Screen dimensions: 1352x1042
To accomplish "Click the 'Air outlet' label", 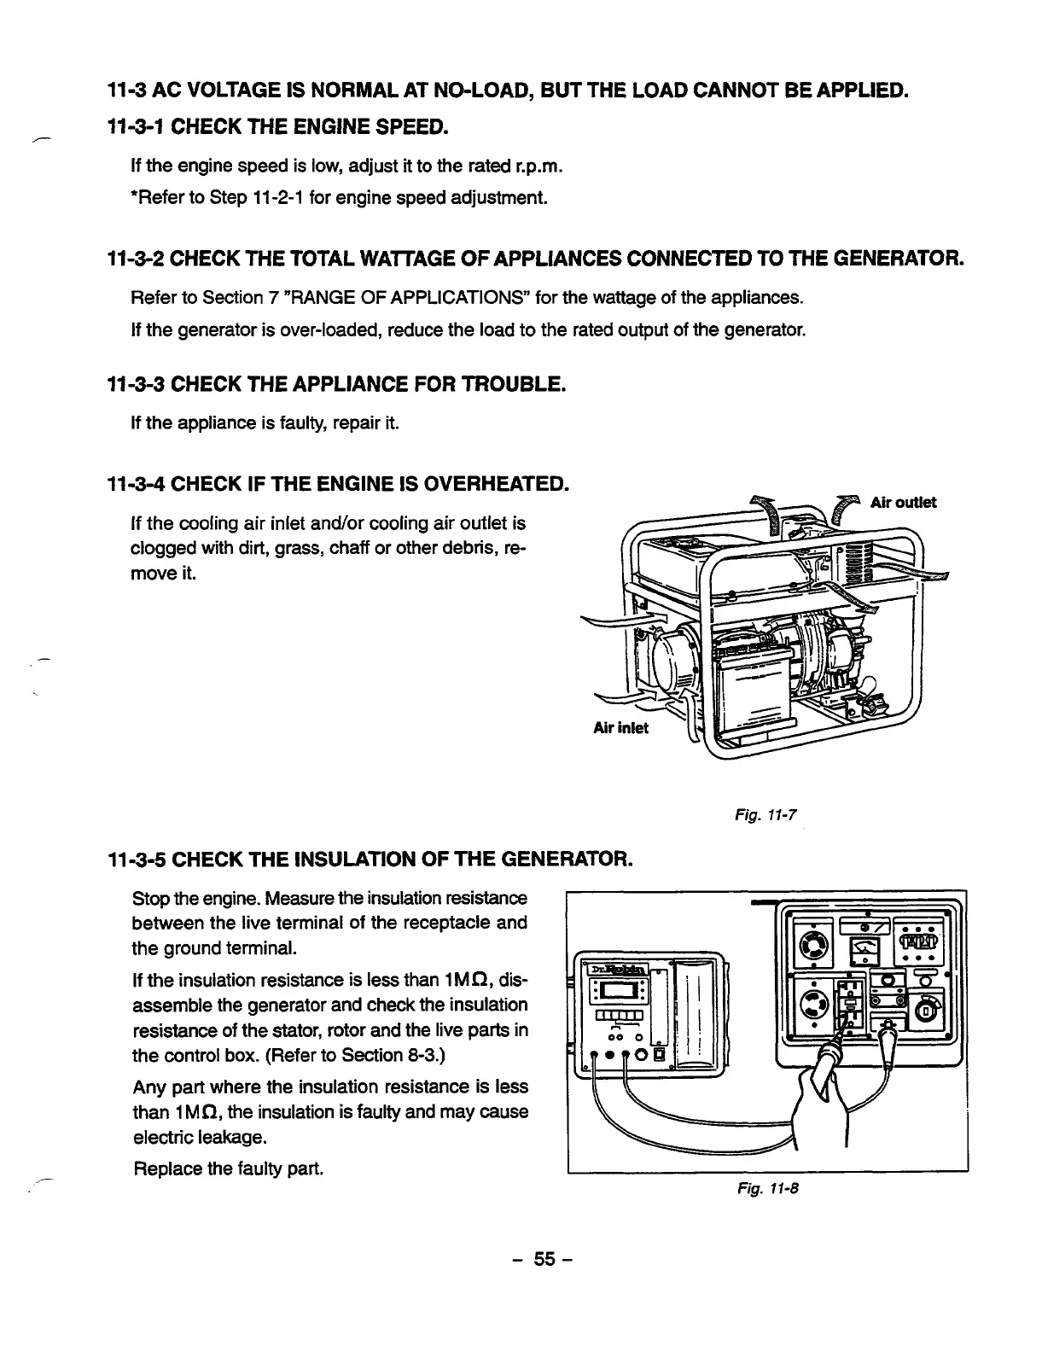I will [x=903, y=502].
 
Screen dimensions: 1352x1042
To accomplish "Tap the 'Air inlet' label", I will [x=620, y=727].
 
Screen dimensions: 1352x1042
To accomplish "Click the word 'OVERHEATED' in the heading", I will [x=498, y=486].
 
